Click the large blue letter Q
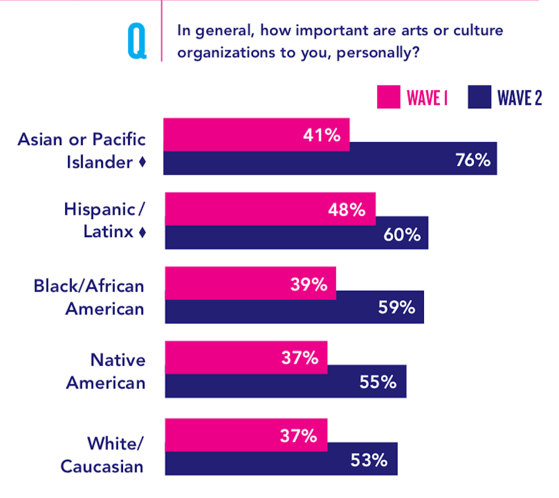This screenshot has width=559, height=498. [x=137, y=42]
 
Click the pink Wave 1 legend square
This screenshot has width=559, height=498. [x=388, y=97]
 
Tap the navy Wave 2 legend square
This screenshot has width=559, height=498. [x=479, y=97]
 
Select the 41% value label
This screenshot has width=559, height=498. [x=321, y=135]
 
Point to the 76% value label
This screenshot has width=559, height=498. [x=473, y=160]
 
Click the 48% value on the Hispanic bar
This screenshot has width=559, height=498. [x=347, y=210]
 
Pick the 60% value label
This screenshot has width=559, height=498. [x=402, y=234]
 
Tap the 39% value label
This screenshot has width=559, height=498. [x=308, y=284]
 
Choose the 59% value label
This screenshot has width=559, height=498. [x=396, y=307]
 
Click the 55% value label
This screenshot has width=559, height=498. [x=378, y=382]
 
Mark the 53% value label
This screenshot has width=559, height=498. [x=369, y=460]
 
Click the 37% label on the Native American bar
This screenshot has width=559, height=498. [x=300, y=358]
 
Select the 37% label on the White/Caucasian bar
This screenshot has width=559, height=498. [x=298, y=436]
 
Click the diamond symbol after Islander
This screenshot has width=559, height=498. [x=143, y=162]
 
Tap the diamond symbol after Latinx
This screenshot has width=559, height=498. [x=143, y=232]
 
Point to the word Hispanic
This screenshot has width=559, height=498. [x=99, y=210]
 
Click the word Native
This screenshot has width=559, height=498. [x=118, y=360]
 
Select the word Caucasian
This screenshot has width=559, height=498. [x=102, y=466]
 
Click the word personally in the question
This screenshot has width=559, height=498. [x=374, y=53]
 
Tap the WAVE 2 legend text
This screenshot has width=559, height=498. [x=519, y=98]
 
